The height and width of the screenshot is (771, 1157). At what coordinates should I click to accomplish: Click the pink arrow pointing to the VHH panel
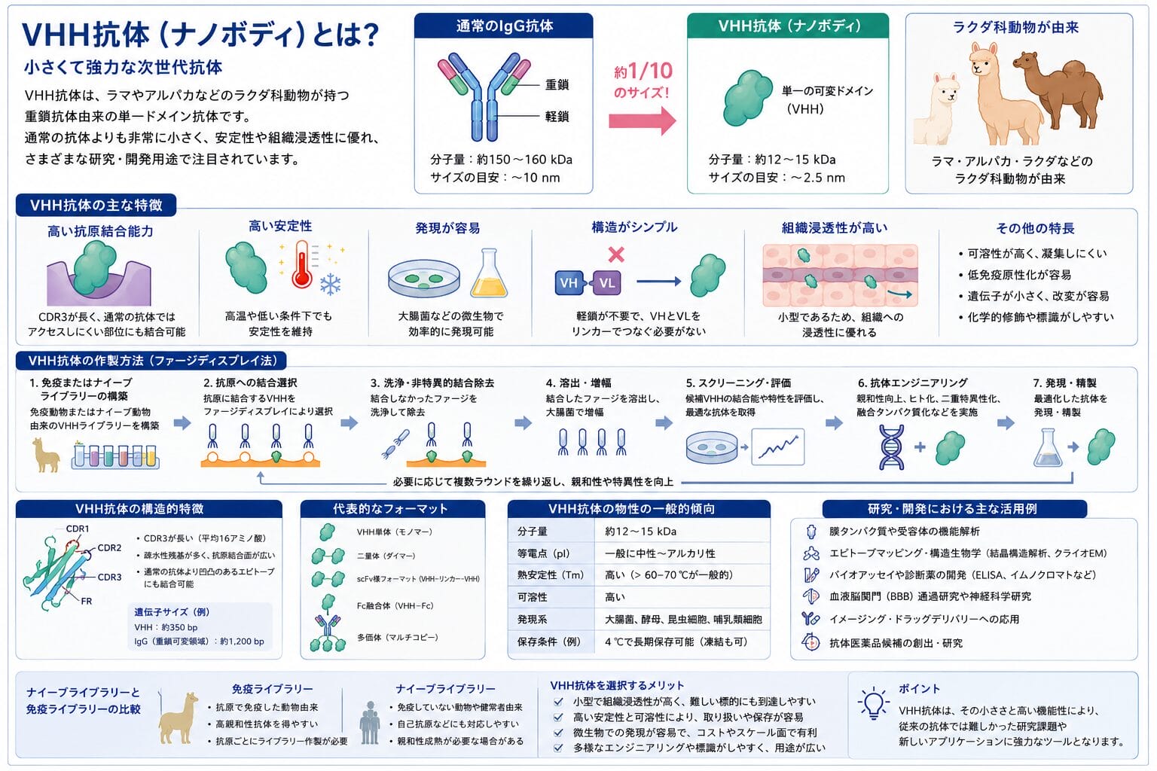pyautogui.click(x=642, y=120)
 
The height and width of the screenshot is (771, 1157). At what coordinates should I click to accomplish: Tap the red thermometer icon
pyautogui.click(x=301, y=264)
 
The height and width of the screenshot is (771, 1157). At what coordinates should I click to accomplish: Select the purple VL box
pyautogui.click(x=607, y=283)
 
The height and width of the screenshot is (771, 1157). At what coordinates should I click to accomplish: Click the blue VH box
pyautogui.click(x=569, y=283)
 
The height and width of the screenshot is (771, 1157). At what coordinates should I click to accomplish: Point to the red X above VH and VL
pyautogui.click(x=616, y=254)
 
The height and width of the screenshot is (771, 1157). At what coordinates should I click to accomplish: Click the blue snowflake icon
pyautogui.click(x=330, y=284)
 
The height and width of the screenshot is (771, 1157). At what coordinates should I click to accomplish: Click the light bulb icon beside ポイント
pyautogui.click(x=874, y=703)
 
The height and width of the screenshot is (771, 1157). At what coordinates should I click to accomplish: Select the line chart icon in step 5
pyautogui.click(x=778, y=446)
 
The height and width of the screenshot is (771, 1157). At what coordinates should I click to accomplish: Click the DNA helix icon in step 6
pyautogui.click(x=892, y=447)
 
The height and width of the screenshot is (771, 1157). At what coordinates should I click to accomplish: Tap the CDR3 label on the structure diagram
pyautogui.click(x=109, y=577)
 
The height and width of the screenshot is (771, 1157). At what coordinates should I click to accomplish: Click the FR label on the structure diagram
pyautogui.click(x=87, y=601)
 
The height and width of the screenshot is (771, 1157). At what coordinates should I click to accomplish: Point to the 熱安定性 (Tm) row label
pyautogui.click(x=550, y=574)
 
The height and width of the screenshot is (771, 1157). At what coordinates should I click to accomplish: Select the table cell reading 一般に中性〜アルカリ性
pyautogui.click(x=660, y=553)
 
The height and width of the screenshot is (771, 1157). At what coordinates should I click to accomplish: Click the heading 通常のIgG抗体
pyautogui.click(x=504, y=26)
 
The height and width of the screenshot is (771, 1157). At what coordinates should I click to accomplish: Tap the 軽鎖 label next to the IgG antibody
pyautogui.click(x=557, y=116)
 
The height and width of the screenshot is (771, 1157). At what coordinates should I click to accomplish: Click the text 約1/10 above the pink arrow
pyautogui.click(x=643, y=71)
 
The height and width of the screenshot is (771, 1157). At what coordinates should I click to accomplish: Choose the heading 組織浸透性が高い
pyautogui.click(x=834, y=227)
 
